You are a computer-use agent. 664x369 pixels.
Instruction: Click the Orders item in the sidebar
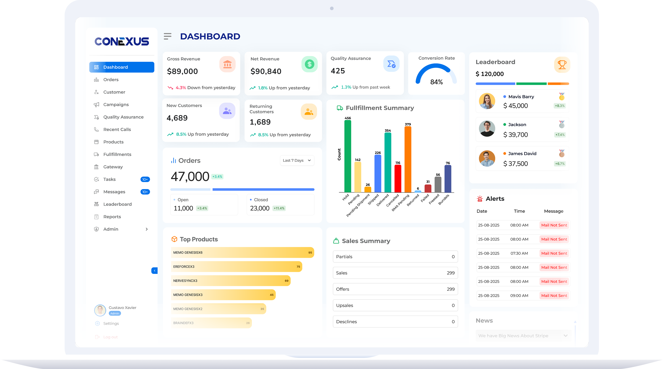tap(111, 80)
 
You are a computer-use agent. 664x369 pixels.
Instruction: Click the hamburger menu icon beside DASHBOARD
tap(168, 36)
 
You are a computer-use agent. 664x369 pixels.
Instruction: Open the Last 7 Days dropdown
tap(297, 160)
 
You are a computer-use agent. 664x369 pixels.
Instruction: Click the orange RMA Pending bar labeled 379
tap(408, 160)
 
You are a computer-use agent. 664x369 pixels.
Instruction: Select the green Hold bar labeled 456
tap(348, 156)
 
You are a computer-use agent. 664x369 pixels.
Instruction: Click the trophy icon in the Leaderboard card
tap(562, 65)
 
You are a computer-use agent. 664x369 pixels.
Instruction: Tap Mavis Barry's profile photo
tap(487, 101)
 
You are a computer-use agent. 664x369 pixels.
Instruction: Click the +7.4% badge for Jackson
tap(560, 135)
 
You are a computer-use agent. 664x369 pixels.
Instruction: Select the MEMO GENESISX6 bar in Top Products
tap(242, 253)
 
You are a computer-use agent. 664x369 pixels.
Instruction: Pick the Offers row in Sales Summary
tap(395, 289)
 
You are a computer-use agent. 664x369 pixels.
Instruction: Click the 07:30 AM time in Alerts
tap(519, 253)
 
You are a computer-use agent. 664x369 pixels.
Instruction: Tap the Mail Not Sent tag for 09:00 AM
tap(554, 296)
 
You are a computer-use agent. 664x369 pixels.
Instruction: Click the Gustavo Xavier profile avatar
tap(100, 310)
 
